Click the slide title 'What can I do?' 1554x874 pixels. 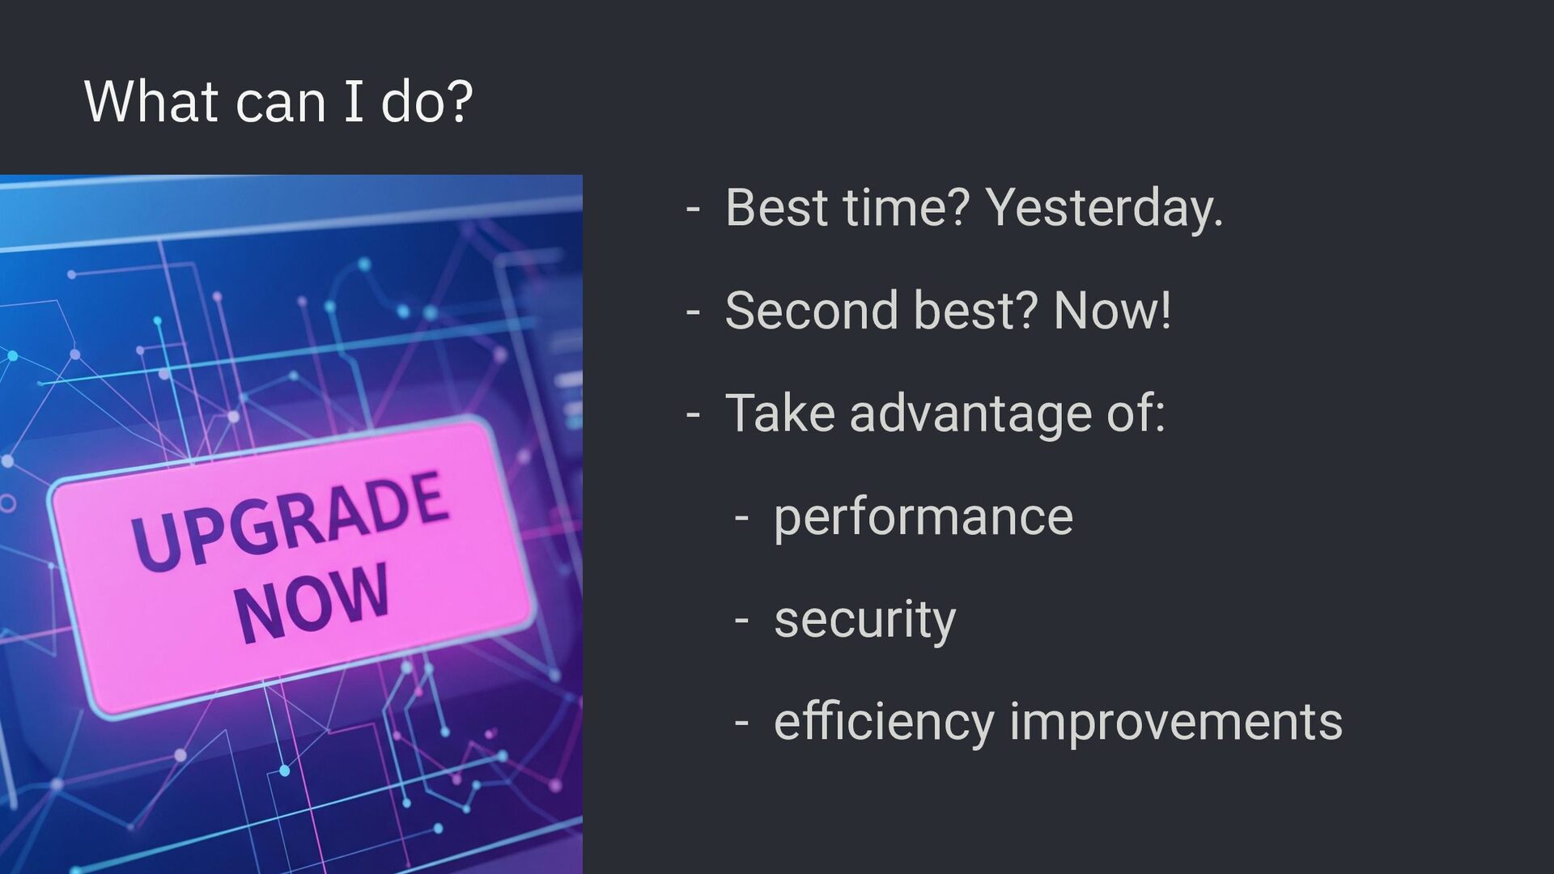[x=278, y=102]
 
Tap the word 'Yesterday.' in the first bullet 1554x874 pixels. [x=1104, y=209]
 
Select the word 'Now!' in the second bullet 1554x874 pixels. [x=1112, y=310]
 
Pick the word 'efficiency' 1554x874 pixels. [x=884, y=723]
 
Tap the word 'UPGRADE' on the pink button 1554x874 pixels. [x=289, y=520]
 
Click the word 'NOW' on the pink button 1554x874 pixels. [x=312, y=604]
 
